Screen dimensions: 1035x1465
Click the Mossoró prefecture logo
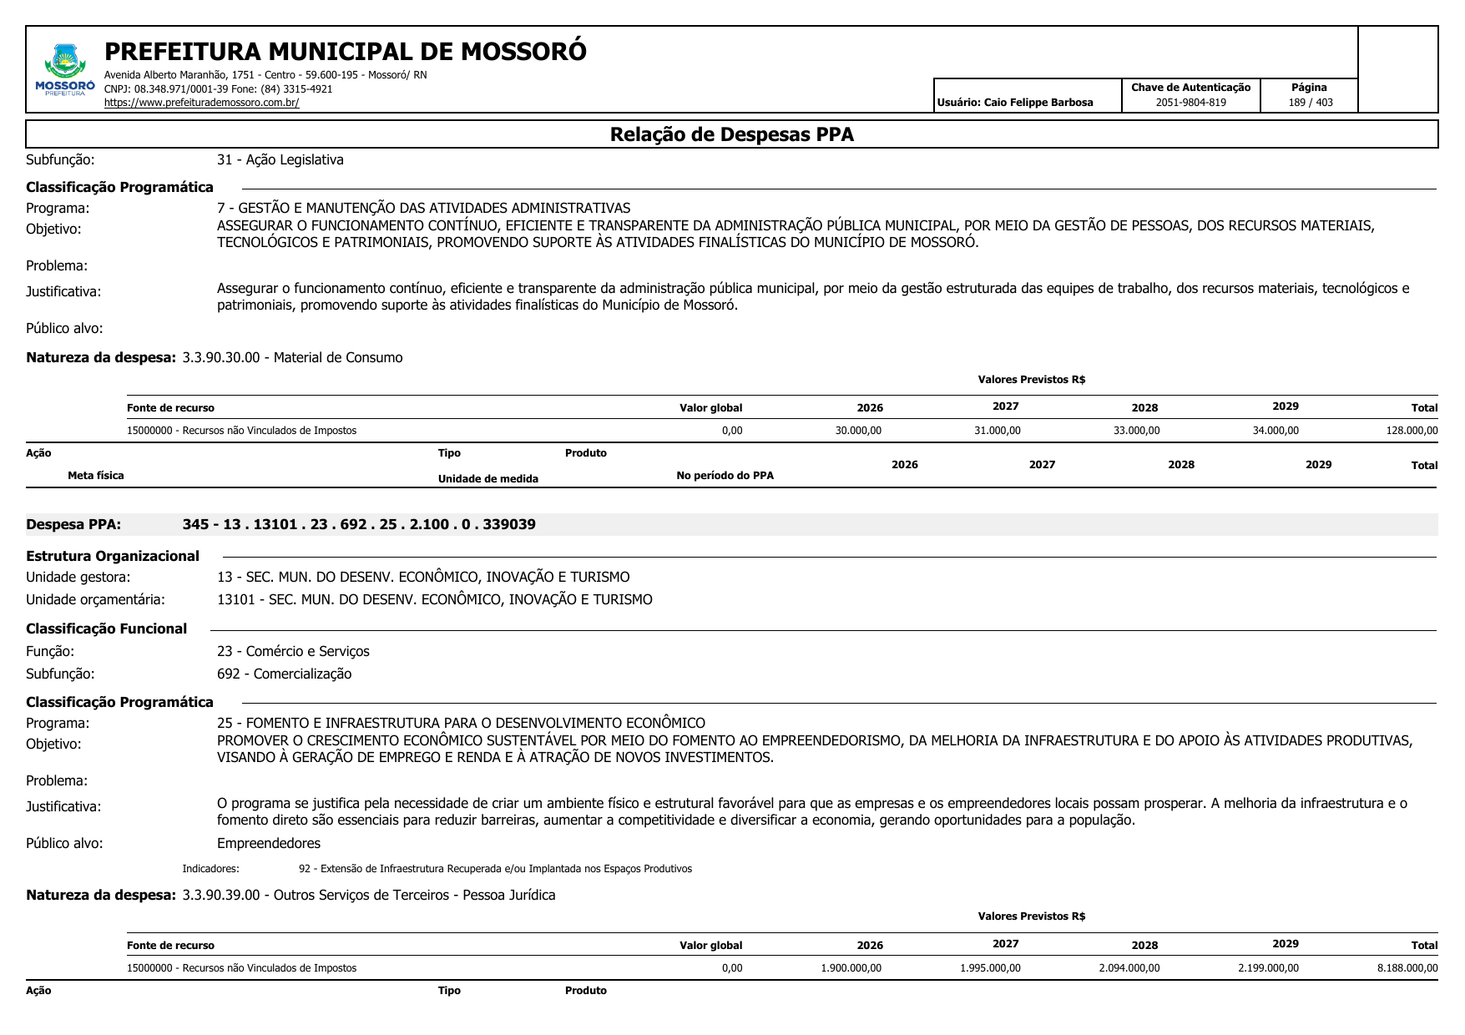[x=64, y=70]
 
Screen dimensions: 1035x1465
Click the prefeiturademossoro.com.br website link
[x=201, y=103]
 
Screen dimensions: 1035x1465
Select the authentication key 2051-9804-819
[x=1190, y=103]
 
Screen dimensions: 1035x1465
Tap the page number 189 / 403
[x=1310, y=103]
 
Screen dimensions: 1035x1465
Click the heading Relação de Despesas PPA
[x=731, y=134]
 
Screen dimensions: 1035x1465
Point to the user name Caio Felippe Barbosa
[x=1038, y=103]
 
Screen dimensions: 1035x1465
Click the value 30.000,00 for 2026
[x=858, y=431]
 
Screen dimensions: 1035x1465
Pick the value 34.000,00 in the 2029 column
[x=1276, y=431]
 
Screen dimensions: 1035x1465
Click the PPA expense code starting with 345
[x=359, y=524]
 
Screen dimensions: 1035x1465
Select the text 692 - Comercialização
[x=284, y=674]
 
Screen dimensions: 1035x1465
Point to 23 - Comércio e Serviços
[x=293, y=651]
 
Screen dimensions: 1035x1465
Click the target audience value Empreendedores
[x=269, y=843]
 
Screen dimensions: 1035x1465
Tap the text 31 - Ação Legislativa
[x=280, y=159]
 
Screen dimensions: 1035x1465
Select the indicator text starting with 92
[x=495, y=869]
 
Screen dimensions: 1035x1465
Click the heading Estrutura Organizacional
[x=113, y=556]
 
